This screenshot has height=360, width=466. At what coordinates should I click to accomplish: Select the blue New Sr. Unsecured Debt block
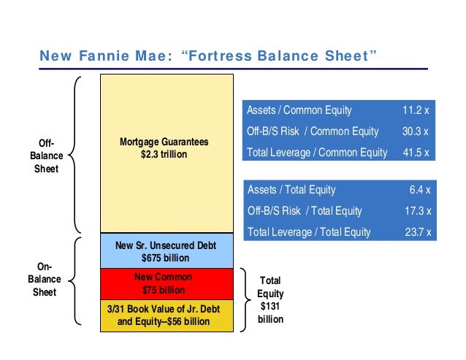coord(164,250)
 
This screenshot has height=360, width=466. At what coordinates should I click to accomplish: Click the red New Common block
coord(164,283)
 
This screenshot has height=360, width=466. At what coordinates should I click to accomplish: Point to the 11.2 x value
coord(416,111)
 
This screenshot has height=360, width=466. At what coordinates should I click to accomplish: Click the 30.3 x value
coord(416,131)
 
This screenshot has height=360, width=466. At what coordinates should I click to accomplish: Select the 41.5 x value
coord(416,153)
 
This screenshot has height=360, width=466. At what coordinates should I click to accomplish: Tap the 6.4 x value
coord(420,190)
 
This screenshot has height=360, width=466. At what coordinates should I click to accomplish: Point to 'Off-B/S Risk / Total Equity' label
coord(305,211)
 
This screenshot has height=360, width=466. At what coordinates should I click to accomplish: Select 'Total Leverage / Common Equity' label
coord(317,153)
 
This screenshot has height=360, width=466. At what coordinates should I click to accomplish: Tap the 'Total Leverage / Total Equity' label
coord(310,232)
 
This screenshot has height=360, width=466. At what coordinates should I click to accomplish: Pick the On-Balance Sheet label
coord(45,280)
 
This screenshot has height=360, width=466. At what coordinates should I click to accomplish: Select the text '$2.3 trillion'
coord(164,155)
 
